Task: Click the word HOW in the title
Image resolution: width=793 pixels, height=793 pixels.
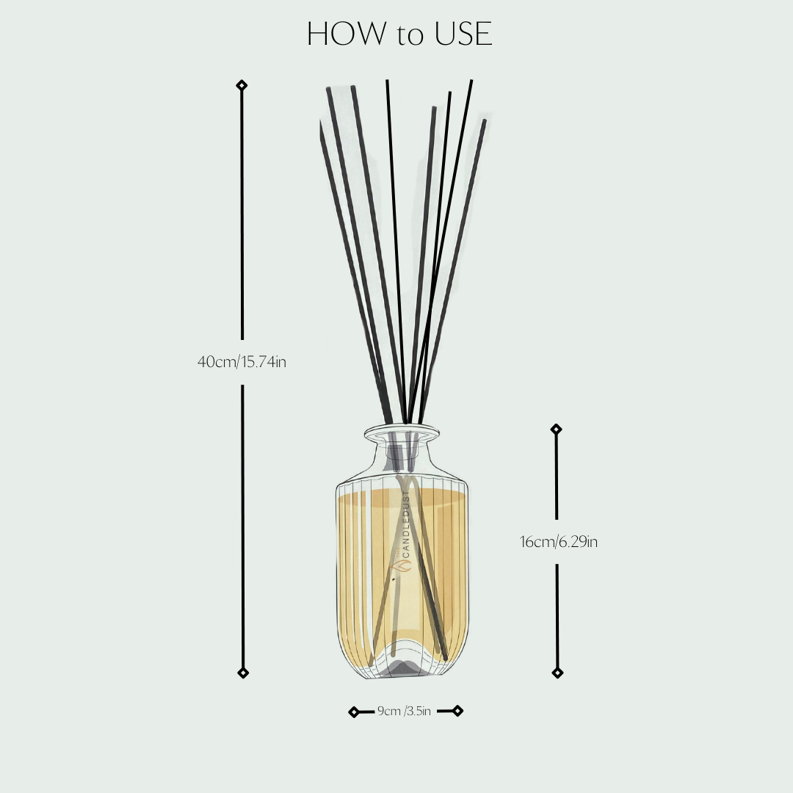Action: click(347, 35)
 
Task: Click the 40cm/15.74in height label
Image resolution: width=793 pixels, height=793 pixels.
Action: click(242, 361)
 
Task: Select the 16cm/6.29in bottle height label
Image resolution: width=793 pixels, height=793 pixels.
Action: click(559, 543)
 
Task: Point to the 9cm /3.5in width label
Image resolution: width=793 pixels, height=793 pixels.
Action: click(405, 711)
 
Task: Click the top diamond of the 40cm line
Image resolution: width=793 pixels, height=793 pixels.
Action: click(242, 86)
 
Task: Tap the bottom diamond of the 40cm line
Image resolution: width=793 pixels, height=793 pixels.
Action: click(242, 673)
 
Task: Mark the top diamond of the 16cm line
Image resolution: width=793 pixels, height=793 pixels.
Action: click(557, 429)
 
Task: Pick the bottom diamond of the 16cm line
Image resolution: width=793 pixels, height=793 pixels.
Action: click(557, 673)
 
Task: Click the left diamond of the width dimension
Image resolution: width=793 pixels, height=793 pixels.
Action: click(354, 711)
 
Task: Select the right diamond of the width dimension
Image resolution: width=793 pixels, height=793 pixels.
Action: click(457, 710)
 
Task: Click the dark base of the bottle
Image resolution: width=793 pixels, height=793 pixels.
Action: click(402, 667)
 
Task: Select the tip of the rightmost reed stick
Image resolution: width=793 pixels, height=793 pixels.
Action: click(484, 122)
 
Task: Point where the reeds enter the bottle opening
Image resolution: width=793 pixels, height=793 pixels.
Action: click(405, 424)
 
